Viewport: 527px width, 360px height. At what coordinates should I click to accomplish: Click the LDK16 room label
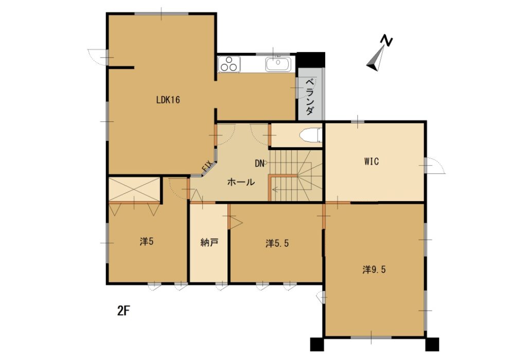point(168,100)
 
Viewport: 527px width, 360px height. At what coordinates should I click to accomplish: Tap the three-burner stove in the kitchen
point(229,64)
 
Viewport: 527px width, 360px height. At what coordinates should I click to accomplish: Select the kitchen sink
point(278,64)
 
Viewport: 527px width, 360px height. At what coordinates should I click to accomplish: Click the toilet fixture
point(310,135)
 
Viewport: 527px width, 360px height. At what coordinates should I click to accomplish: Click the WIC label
point(372,161)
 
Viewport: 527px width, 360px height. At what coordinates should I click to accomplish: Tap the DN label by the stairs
point(259,164)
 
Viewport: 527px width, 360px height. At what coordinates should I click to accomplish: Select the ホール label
point(241,183)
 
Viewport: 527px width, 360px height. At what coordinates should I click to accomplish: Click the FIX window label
point(207,166)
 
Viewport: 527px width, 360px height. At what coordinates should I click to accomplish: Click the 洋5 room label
point(147,241)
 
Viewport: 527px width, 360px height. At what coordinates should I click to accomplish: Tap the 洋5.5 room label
point(277,243)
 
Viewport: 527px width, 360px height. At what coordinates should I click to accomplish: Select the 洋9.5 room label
point(374,269)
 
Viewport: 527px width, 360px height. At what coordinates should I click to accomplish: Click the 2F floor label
point(124,311)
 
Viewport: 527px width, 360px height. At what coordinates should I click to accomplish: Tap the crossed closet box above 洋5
point(134,190)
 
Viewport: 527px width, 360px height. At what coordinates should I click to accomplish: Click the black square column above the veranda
point(311,60)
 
